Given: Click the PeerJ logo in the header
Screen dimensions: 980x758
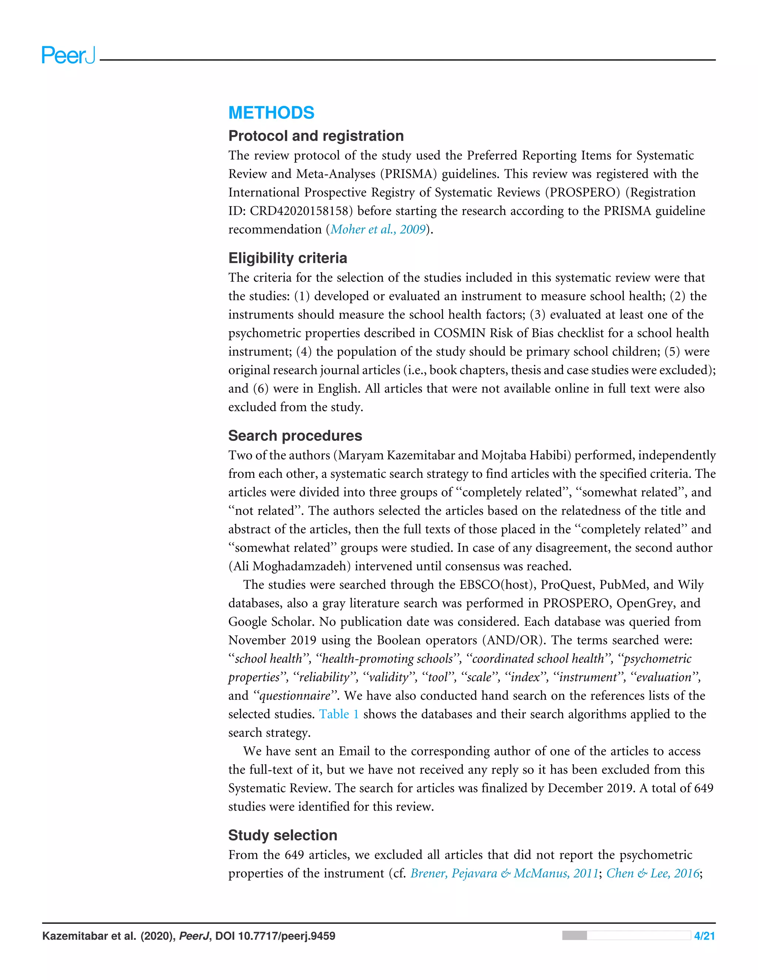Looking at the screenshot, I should (68, 55).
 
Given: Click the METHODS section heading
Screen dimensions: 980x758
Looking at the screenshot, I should (271, 113).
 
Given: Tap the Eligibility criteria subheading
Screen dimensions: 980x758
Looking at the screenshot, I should (287, 258).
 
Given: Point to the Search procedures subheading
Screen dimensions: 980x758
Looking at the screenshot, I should (295, 436).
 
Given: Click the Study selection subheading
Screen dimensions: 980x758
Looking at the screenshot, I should (282, 835).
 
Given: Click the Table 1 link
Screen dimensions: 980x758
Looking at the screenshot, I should (339, 714).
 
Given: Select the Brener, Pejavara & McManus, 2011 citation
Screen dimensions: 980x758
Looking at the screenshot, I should (504, 873).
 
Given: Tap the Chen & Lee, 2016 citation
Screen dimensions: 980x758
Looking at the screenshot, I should (653, 873).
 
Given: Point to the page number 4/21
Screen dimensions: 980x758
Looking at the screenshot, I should (704, 936).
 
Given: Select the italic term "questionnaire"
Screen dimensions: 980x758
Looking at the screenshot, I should (295, 696).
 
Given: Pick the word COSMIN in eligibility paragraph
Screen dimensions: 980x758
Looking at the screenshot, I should (459, 333).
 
